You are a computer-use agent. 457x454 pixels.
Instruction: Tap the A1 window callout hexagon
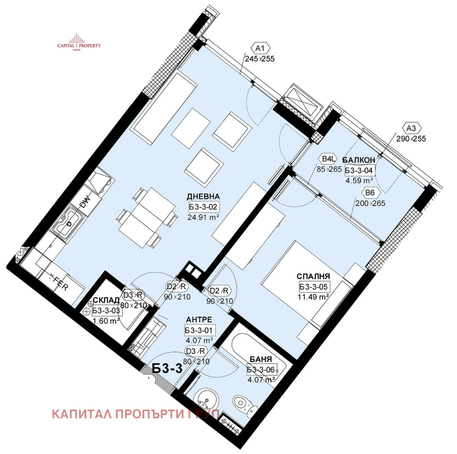tap(260, 49)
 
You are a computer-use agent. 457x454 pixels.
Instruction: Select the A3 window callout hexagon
tap(411, 129)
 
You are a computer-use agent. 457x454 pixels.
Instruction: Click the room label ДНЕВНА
tap(203, 196)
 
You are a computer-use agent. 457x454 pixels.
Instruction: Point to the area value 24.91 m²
tap(203, 217)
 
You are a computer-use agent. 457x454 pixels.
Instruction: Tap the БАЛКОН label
tap(359, 160)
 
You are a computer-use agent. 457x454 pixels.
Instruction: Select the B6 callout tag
tap(370, 193)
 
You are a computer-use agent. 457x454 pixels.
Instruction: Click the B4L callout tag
tap(329, 160)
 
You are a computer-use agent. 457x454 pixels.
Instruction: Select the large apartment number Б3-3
tap(167, 369)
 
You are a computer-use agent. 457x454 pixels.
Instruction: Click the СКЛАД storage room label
tap(106, 300)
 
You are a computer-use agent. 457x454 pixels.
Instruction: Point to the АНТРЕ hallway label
tap(199, 320)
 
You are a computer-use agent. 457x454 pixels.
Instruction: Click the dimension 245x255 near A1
tap(259, 59)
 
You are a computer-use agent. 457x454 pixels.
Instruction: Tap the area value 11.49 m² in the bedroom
tap(313, 297)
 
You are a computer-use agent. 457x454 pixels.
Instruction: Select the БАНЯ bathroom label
tap(261, 360)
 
